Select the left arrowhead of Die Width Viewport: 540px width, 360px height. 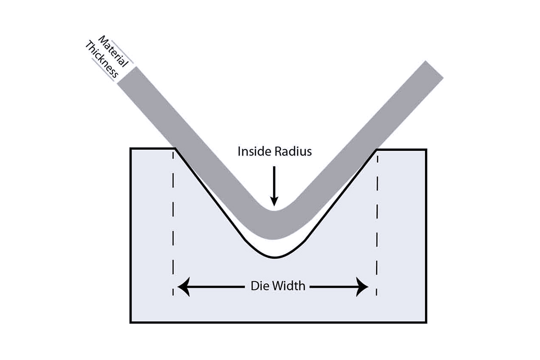pyautogui.click(x=183, y=286)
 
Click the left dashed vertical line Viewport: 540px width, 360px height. pyautogui.click(x=172, y=225)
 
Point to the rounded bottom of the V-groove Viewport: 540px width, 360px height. pyautogui.click(x=275, y=257)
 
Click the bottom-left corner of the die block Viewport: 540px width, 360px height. pyautogui.click(x=130, y=322)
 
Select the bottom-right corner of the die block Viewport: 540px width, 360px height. pyautogui.click(x=426, y=322)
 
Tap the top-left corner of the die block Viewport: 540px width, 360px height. pyautogui.click(x=130, y=148)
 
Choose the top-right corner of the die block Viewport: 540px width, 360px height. pyautogui.click(x=426, y=149)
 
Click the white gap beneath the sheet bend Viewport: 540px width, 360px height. pyautogui.click(x=275, y=247)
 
